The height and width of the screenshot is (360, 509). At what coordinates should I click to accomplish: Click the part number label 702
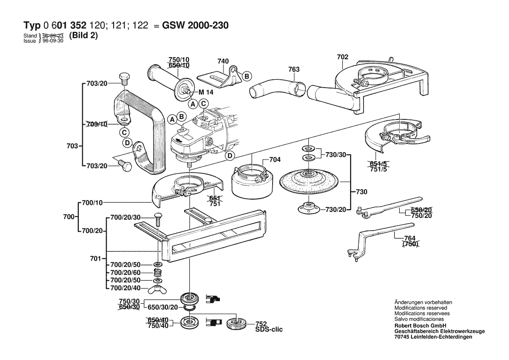click(x=342, y=57)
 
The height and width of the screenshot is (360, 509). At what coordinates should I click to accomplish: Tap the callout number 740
click(x=223, y=62)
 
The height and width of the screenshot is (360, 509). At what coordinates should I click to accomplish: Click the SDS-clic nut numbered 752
click(x=236, y=323)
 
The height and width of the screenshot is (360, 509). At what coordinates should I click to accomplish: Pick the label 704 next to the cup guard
click(x=275, y=160)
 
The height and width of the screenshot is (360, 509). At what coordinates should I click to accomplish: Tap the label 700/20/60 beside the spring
click(x=125, y=272)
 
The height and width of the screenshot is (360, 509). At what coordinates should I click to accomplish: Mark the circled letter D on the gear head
click(x=229, y=155)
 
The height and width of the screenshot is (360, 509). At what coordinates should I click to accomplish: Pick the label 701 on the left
click(x=95, y=258)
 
